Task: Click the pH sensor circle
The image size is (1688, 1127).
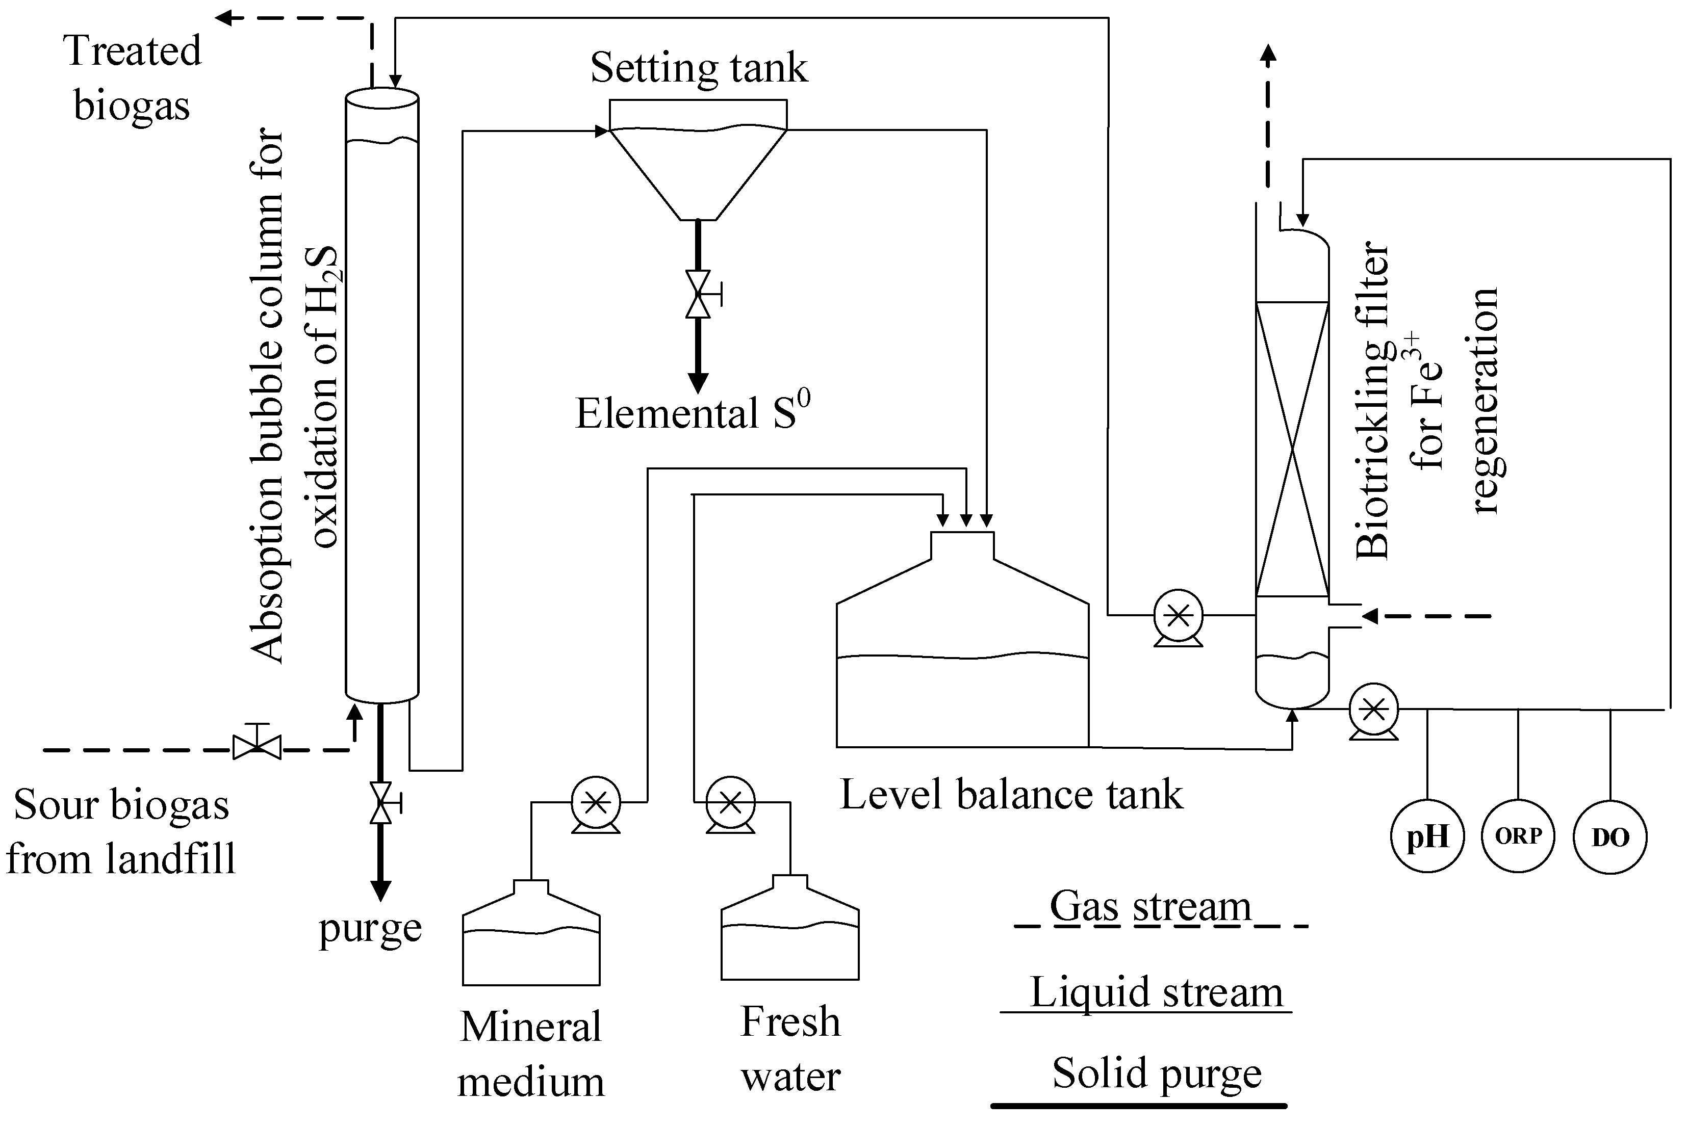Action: pos(1427,836)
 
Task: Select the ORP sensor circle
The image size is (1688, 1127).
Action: pos(1518,836)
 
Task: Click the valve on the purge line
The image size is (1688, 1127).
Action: pos(381,803)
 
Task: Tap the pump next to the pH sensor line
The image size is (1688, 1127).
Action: pos(1374,710)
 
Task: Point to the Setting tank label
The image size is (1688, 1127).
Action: pos(699,68)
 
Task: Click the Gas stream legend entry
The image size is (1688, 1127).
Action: pos(1150,907)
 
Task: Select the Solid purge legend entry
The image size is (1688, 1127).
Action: pos(1156,1074)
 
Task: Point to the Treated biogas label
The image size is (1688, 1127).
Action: pos(132,77)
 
